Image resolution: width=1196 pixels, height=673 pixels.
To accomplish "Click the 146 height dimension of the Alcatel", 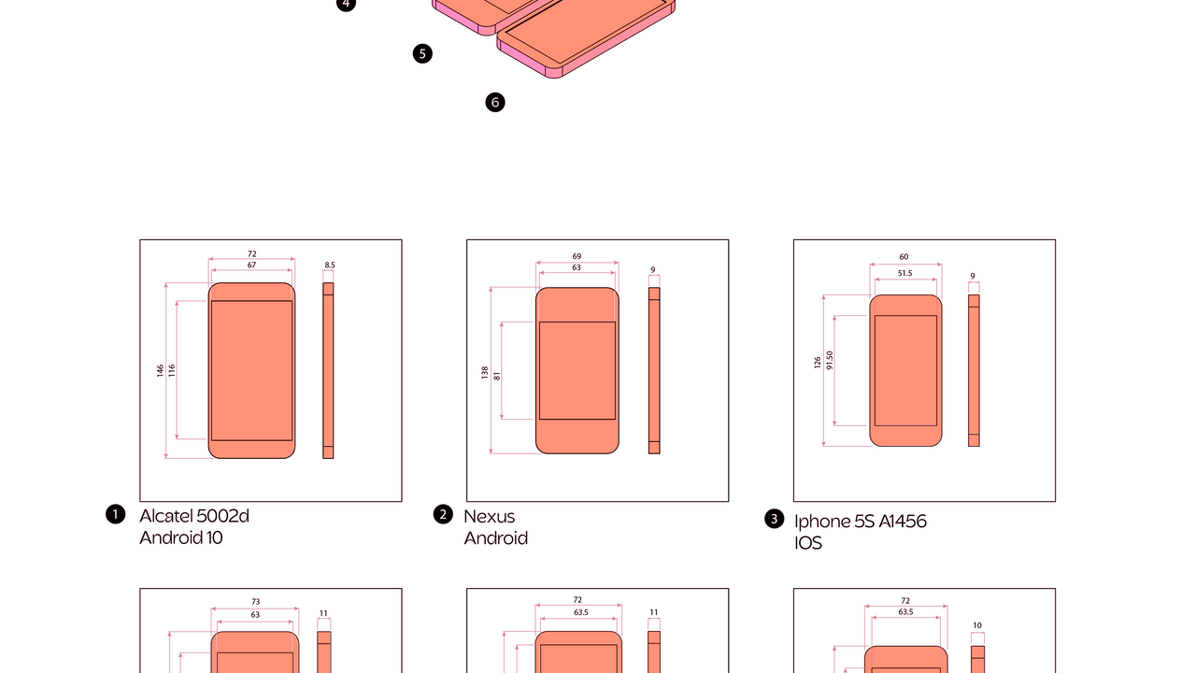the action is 160,371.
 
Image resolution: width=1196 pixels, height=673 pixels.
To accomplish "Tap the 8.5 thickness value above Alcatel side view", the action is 330,265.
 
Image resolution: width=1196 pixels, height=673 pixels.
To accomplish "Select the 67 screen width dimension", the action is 251,265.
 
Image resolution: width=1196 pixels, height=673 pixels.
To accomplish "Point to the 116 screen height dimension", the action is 171,371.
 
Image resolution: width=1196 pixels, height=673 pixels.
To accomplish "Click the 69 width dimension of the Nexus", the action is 577,256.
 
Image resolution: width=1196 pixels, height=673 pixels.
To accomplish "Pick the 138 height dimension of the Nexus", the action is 485,373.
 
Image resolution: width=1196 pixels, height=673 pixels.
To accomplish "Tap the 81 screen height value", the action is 497,376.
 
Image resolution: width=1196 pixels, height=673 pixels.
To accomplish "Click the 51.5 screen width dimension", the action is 905,273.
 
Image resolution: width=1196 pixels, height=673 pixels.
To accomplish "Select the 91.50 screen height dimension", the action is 829,361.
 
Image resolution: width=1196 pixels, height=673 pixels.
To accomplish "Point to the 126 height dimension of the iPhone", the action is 818,363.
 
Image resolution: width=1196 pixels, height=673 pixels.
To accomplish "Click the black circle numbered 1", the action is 115,514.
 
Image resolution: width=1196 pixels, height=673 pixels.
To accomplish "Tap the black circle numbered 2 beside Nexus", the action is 443,514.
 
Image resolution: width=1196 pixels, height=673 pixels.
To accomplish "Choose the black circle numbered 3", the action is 775,519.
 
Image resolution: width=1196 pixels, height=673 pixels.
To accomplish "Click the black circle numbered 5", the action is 422,53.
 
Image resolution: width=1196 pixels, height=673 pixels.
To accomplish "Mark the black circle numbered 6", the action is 495,102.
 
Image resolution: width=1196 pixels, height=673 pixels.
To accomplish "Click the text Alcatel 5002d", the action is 194,516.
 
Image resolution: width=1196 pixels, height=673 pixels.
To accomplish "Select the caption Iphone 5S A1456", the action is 861,522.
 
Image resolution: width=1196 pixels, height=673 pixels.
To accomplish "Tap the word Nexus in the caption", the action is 489,517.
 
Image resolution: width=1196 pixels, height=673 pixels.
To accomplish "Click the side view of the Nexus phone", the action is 654,371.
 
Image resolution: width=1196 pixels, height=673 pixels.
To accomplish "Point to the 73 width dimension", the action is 255,602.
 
